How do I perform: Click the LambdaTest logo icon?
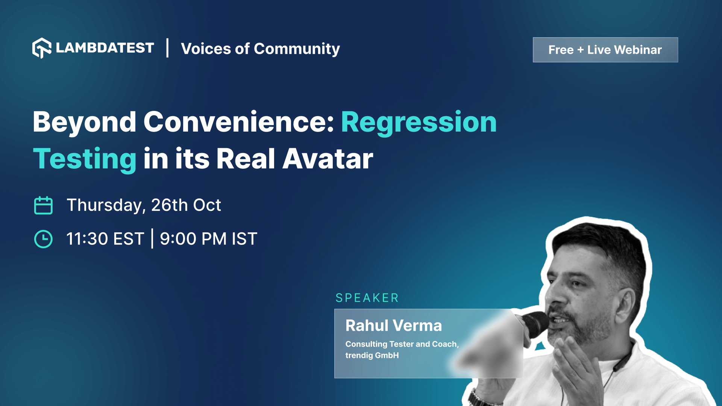pos(41,48)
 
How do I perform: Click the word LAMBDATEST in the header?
pos(105,48)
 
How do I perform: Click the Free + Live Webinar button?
pos(605,50)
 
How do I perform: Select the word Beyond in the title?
pos(84,122)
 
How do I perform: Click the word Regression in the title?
pos(419,122)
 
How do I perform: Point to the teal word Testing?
pos(85,159)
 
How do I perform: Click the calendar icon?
pos(43,205)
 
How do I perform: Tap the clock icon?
pos(43,239)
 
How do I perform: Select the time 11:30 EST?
pos(105,239)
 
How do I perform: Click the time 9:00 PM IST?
pos(208,239)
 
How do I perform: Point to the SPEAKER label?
pos(367,298)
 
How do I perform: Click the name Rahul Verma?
pos(393,326)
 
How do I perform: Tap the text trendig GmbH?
pos(372,356)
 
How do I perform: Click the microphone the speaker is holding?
pos(534,323)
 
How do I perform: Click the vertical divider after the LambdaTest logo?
pos(167,48)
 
